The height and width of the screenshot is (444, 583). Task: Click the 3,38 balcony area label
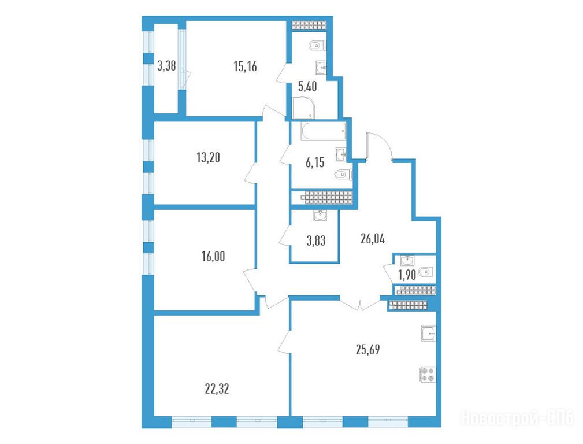coord(166,67)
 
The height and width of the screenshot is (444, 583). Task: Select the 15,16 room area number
coord(246,66)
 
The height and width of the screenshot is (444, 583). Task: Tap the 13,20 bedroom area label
coord(208,158)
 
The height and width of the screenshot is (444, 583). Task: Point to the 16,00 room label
coord(213,257)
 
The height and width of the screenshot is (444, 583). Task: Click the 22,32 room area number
coord(217,389)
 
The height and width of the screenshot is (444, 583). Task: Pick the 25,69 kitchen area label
coord(367,350)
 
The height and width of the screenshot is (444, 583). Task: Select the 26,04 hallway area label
coord(373,239)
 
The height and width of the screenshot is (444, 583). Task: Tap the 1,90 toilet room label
coord(407,275)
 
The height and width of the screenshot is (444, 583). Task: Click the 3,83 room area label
coord(316,241)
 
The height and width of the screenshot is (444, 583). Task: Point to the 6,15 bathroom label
coord(315,162)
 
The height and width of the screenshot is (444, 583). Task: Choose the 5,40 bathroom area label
coord(307,87)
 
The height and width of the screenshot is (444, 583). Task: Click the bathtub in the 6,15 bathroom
coord(324,132)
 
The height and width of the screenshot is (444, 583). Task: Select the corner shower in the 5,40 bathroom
coord(304,108)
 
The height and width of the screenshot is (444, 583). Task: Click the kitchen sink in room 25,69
coord(428,334)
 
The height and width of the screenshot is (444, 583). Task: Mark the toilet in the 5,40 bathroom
coord(317,46)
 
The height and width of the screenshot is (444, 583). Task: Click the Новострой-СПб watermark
coord(518,418)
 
